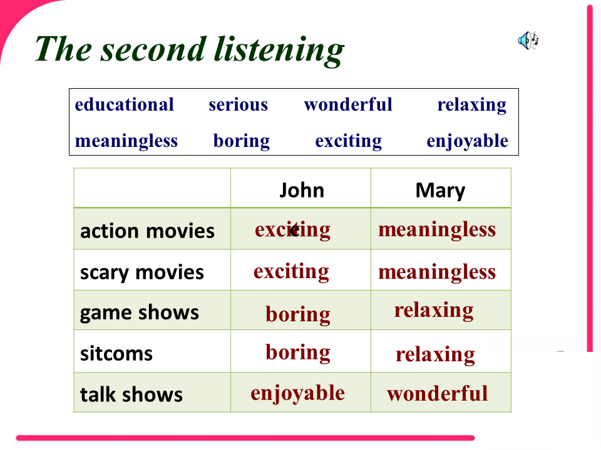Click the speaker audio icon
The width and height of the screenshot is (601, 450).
pos(528,40)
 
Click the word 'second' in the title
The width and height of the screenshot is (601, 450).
pos(153,49)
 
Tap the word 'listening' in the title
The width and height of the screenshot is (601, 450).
pos(279,51)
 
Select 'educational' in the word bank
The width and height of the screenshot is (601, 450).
pos(124,104)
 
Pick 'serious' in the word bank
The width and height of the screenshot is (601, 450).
pos(238,105)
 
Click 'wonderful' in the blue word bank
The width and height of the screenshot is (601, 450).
pos(348,104)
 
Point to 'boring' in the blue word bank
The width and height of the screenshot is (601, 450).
pos(242,141)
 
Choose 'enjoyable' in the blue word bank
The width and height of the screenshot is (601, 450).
pos(467,141)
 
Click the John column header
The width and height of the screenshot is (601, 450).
pos(302,190)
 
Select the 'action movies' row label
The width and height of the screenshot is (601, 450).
pos(147,231)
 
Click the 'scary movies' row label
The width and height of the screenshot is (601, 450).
pos(142,273)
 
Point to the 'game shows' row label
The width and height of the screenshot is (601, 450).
pos(140,313)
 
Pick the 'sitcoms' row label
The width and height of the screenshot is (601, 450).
pos(116,353)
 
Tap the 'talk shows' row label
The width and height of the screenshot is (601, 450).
pos(131,394)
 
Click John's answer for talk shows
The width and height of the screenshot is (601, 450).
pos(298,394)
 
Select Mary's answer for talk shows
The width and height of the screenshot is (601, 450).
pos(438,394)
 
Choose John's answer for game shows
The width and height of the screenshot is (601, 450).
pos(298,314)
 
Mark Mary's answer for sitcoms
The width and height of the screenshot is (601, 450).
pos(435,355)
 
